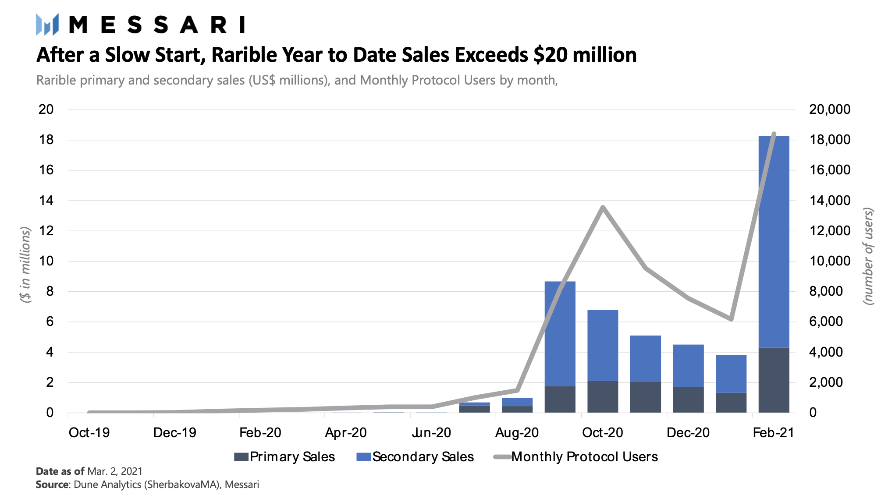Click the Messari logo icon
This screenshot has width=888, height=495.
click(47, 25)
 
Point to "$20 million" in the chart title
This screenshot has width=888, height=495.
click(585, 55)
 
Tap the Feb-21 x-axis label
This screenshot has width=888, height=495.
click(773, 433)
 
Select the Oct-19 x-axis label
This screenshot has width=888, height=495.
click(89, 433)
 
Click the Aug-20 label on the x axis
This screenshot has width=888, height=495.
click(517, 433)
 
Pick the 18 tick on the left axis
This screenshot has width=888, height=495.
click(46, 140)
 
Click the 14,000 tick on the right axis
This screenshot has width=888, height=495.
click(830, 201)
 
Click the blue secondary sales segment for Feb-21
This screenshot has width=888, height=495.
click(774, 241)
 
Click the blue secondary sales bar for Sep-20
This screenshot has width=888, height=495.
click(560, 333)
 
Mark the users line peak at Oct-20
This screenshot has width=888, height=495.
click(603, 207)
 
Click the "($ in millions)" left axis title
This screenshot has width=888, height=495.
click(25, 265)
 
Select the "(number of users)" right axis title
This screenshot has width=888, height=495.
click(868, 256)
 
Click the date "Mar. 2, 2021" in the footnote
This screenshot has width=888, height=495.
click(115, 471)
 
